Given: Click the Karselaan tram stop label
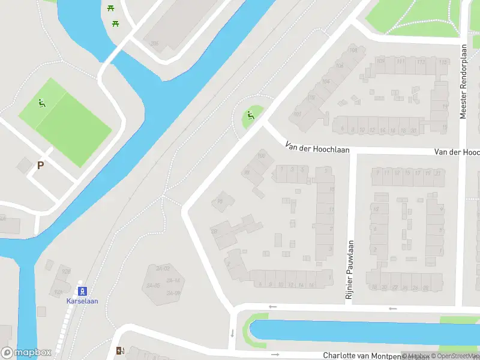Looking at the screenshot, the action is tap(82, 301).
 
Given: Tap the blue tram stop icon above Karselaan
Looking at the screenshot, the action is tap(83, 291).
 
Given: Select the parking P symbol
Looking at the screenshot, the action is tap(40, 165).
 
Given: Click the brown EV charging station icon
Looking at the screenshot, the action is tap(120, 351).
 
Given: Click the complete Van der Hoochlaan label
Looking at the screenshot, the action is tap(317, 148).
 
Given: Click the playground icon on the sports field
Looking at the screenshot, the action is tap(41, 103).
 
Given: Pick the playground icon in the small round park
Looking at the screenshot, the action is tap(250, 115).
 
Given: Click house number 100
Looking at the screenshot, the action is tap(261, 156).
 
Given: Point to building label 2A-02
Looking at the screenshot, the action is tap(162, 268).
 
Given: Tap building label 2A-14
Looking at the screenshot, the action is tap(173, 280).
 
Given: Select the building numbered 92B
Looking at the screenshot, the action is tap(66, 271).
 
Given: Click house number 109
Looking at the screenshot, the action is tap(380, 61).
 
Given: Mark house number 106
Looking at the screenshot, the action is tap(340, 65).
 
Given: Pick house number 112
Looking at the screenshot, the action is tap(421, 62).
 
